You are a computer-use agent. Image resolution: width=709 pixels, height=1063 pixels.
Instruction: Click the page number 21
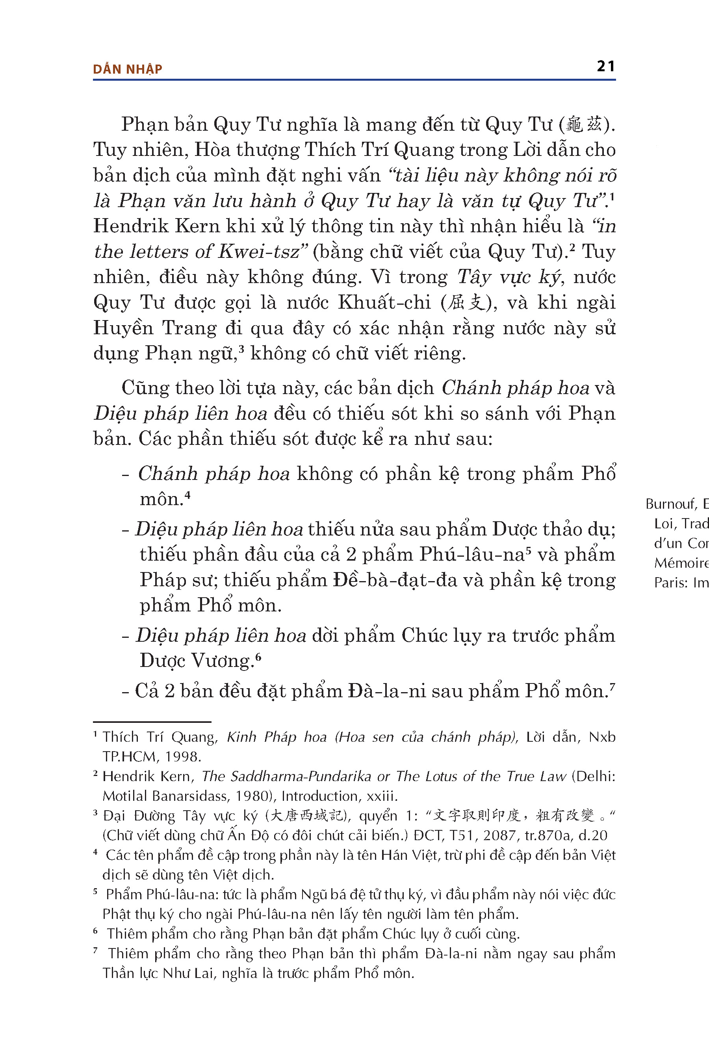[605, 67]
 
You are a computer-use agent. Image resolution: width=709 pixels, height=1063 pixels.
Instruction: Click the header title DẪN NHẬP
[128, 69]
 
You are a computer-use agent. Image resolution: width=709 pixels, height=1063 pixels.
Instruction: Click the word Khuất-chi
[384, 302]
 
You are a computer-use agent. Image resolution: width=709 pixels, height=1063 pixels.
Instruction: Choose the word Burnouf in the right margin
[670, 504]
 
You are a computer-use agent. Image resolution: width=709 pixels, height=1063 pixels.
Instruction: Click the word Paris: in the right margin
[670, 583]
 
